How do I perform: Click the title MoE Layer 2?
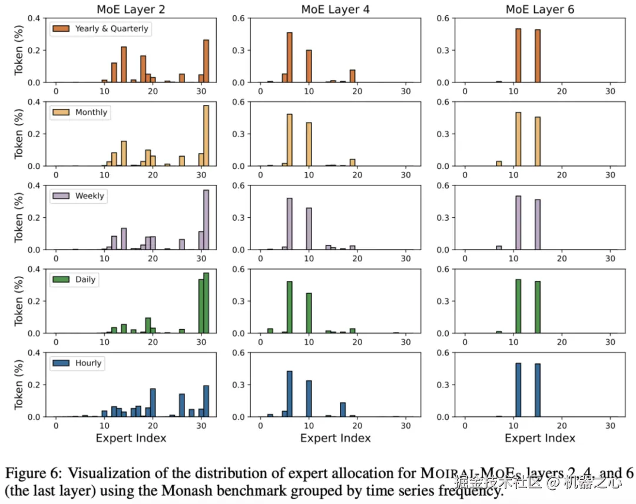click(x=131, y=9)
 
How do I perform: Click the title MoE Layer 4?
click(x=335, y=9)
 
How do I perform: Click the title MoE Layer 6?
click(x=539, y=9)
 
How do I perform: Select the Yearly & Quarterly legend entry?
click(x=101, y=28)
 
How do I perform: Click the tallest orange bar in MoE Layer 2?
click(x=206, y=61)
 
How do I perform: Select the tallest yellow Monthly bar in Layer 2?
click(x=206, y=135)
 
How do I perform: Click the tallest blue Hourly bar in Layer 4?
click(x=289, y=393)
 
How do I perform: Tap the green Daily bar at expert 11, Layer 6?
click(x=518, y=306)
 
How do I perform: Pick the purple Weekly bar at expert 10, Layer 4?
click(x=309, y=228)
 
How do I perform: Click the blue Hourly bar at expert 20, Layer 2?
click(x=153, y=402)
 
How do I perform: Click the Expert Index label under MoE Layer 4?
click(x=335, y=437)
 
